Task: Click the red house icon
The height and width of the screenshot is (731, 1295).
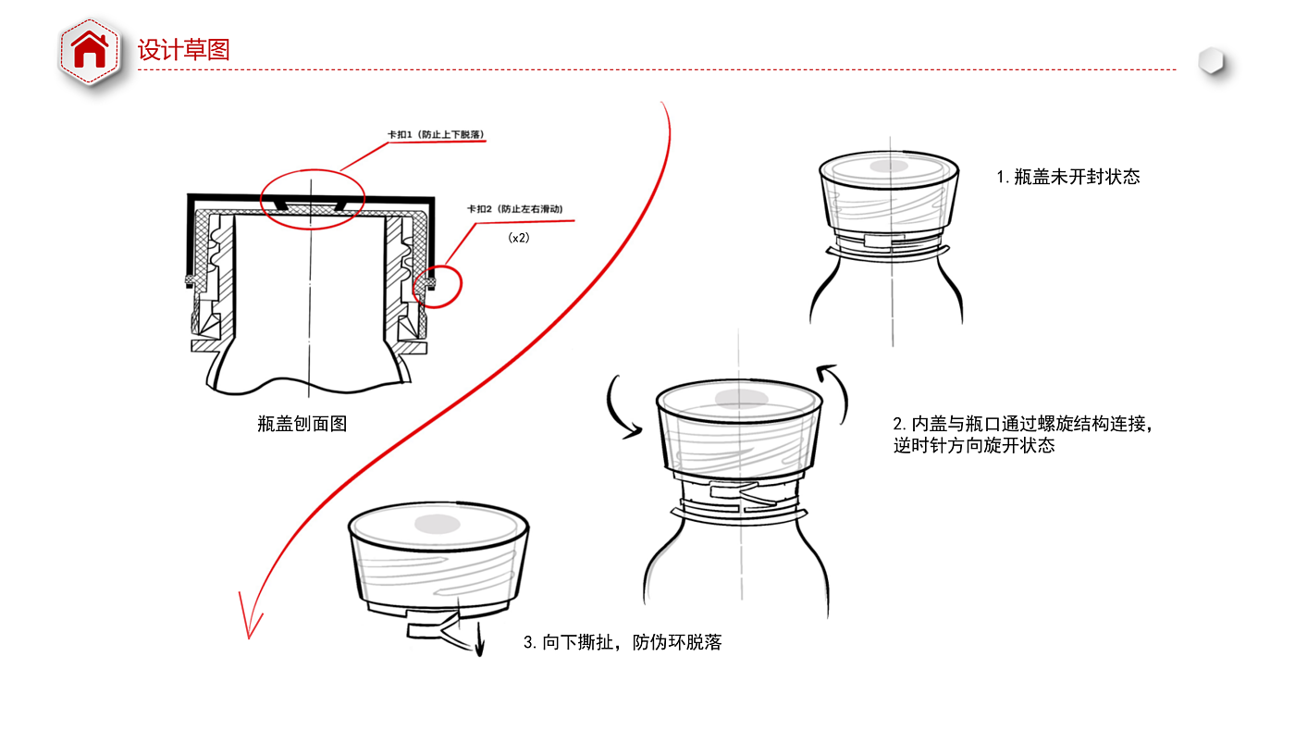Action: pos(90,51)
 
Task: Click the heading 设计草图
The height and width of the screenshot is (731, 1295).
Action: pos(183,49)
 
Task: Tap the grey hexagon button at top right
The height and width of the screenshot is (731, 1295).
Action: pos(1211,62)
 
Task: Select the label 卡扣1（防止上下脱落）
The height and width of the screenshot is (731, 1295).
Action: pos(436,135)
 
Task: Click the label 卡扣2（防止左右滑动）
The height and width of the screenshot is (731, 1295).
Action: pos(514,210)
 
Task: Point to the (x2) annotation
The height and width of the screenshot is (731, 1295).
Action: pos(519,238)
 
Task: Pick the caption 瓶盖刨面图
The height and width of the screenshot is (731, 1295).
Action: pos(302,425)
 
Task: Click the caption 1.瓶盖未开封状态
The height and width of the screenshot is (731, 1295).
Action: pos(1068,177)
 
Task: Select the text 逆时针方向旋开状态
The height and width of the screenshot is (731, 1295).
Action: pos(973,446)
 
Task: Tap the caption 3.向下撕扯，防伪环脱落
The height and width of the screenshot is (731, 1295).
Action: pos(622,642)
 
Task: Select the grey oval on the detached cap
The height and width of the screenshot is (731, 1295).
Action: pos(438,524)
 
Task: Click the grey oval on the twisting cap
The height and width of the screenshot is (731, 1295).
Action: pos(740,399)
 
